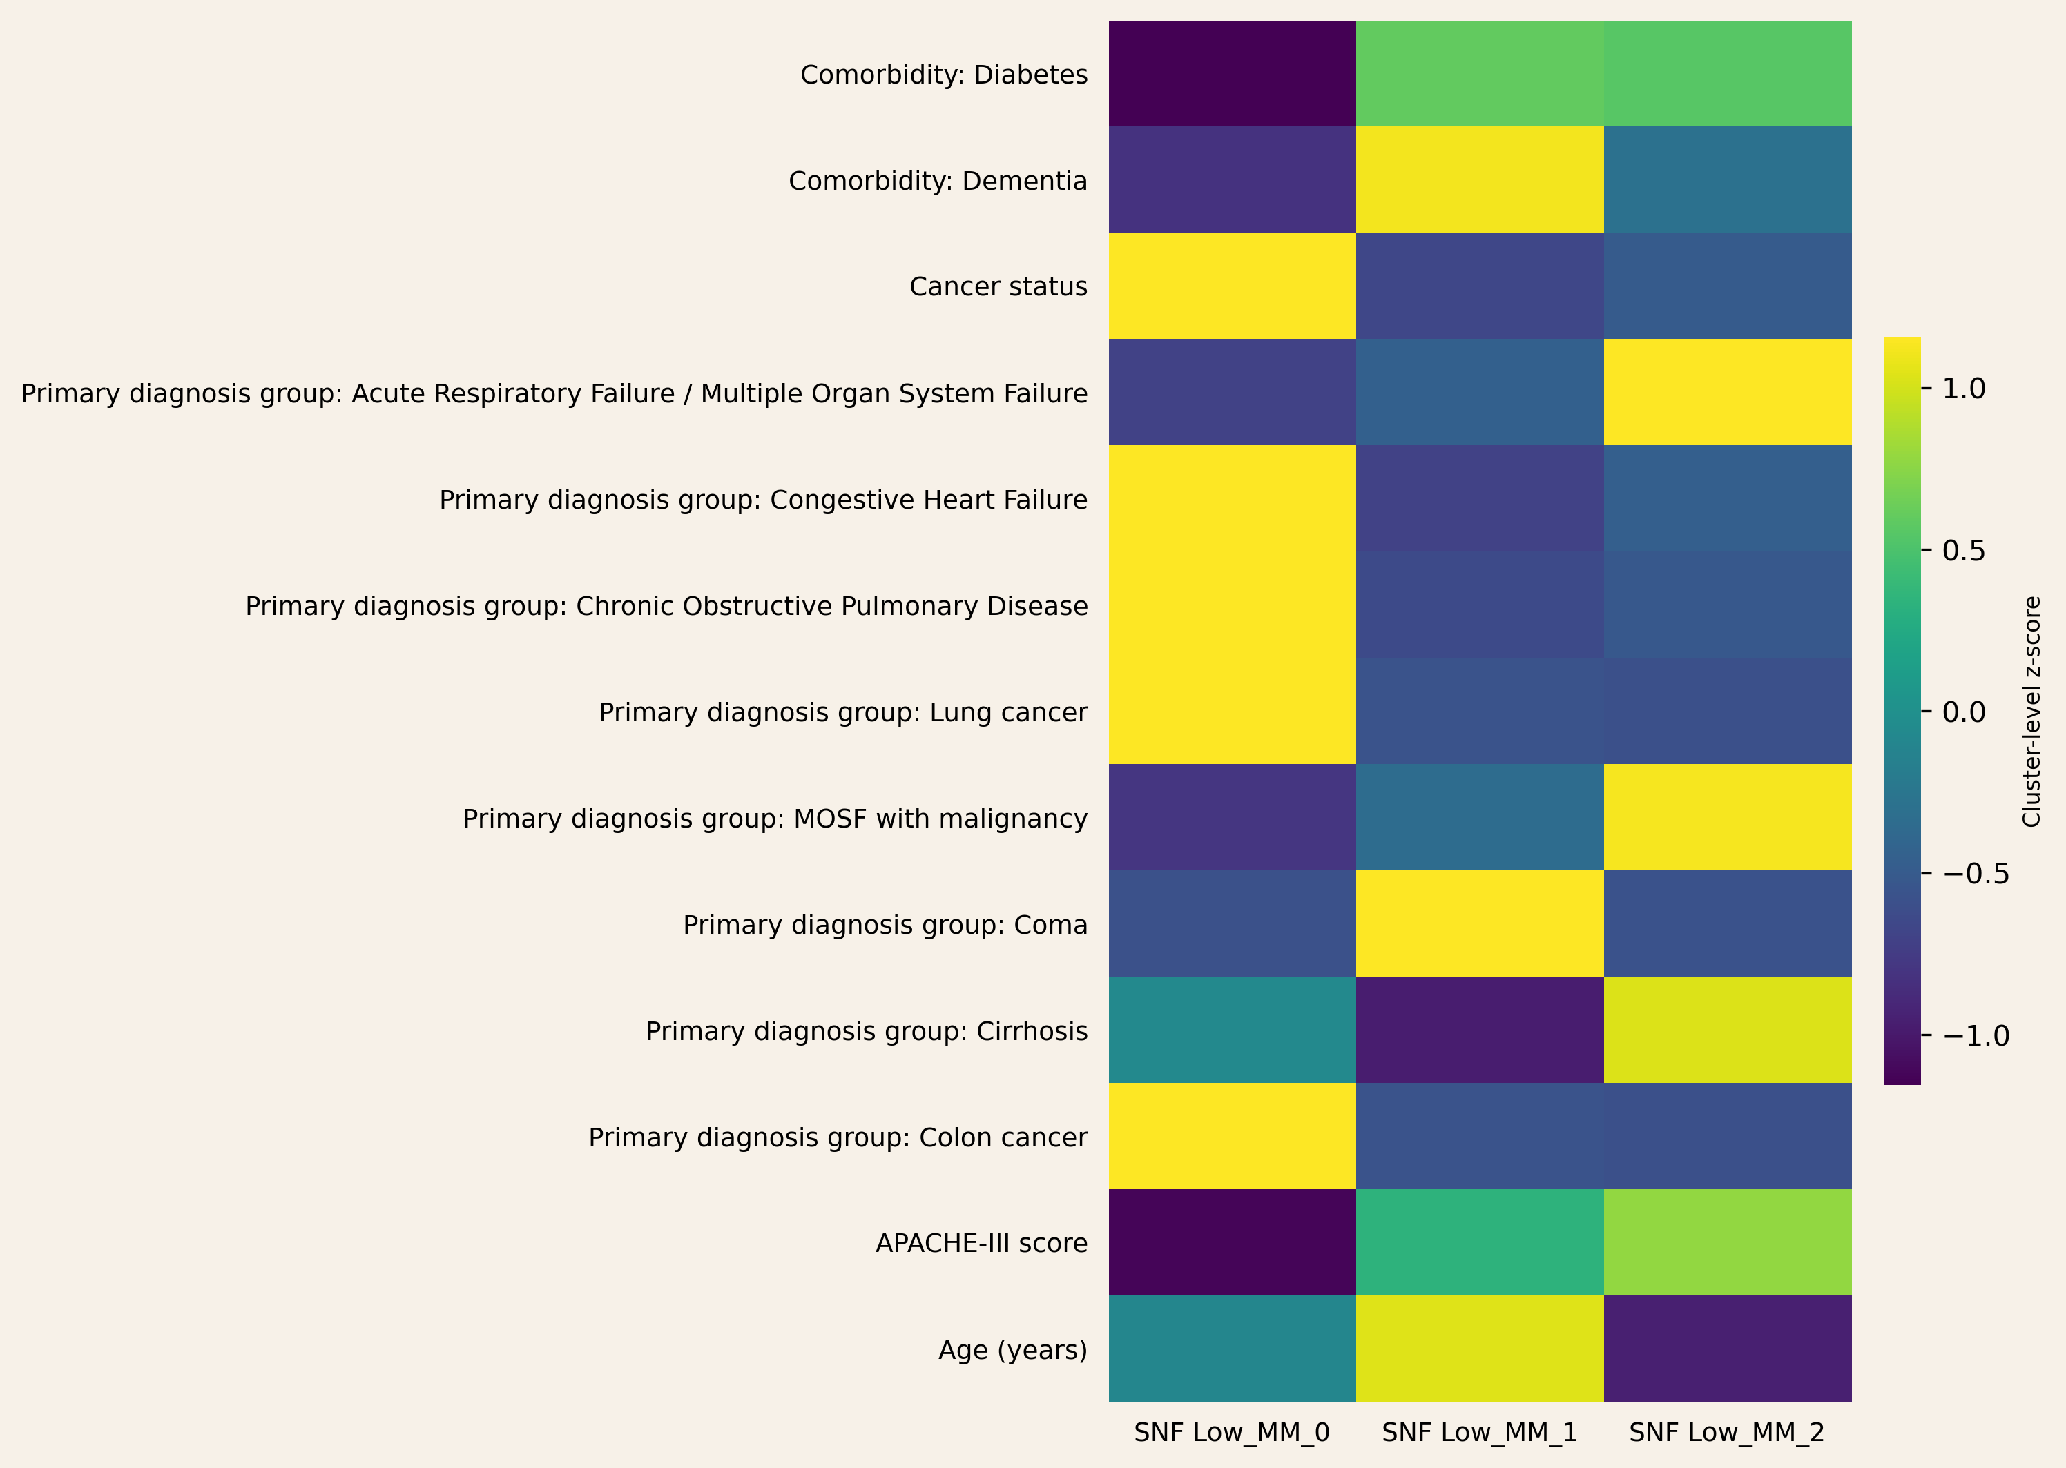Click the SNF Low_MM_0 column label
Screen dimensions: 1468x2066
(1231, 1433)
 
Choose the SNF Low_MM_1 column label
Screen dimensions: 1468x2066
(1479, 1433)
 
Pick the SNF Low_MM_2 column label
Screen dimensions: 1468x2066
(1726, 1433)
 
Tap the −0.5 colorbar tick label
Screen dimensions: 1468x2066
(1975, 874)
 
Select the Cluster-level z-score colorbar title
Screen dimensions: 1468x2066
(2031, 712)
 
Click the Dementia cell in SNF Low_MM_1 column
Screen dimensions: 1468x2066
(1479, 180)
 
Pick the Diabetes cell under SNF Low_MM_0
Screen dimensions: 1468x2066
(1231, 74)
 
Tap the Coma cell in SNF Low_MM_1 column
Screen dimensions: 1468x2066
(1479, 924)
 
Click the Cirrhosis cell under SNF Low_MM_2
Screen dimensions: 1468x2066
(1727, 1030)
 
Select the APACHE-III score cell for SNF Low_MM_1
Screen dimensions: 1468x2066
(1479, 1242)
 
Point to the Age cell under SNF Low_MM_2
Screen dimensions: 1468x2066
(1727, 1349)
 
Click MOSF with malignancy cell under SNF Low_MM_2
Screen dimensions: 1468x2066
(1727, 817)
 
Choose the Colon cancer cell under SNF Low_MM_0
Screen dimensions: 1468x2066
(1231, 1136)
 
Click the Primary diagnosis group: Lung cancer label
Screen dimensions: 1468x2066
(842, 712)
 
